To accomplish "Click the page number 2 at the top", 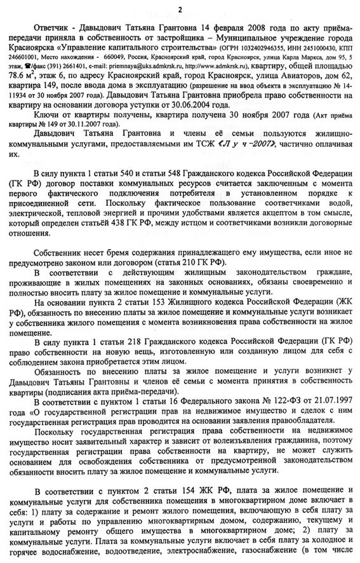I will click(180, 8).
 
